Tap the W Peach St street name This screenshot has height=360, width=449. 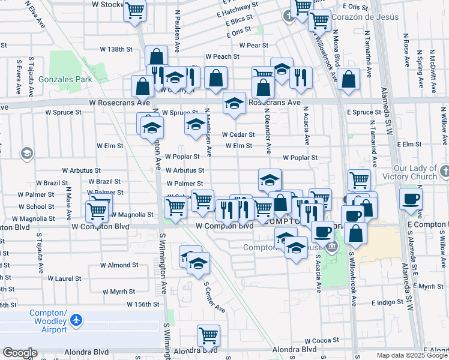(222, 56)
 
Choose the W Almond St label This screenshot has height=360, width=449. (119, 265)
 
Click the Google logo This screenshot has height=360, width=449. (20, 353)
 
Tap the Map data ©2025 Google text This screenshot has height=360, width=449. (412, 355)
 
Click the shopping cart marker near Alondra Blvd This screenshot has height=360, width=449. (208, 335)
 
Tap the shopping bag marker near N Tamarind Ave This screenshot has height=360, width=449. (348, 79)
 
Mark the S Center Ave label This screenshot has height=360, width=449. (214, 298)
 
